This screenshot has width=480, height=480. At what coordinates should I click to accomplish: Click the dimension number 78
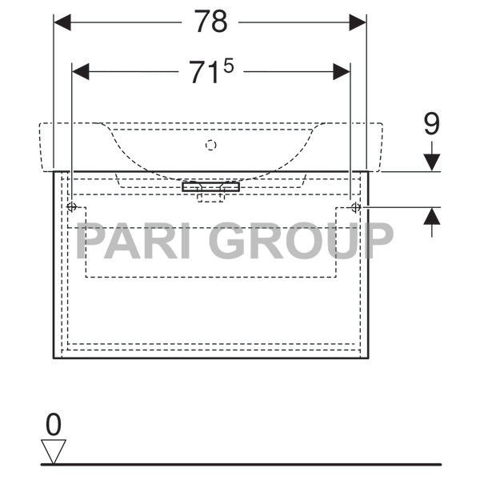coord(210,22)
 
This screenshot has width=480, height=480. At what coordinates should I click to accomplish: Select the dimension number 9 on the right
coord(431,124)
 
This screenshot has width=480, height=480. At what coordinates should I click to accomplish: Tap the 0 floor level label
coord(54,425)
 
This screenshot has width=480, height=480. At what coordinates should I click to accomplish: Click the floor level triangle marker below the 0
coord(54,450)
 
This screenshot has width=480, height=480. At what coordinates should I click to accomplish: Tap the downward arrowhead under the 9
coord(432,162)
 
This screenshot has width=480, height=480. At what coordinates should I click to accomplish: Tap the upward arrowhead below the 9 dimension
coord(432,216)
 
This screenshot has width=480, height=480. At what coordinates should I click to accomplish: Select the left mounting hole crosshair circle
coord(72,207)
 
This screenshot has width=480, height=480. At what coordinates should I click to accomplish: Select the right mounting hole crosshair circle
coord(356,207)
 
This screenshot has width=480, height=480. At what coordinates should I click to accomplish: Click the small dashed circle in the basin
coord(211,145)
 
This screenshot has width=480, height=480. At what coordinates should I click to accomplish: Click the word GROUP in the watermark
coord(304,240)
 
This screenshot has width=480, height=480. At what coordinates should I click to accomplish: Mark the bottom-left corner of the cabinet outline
coord(54,358)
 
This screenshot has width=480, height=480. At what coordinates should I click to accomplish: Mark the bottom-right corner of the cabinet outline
coord(368,358)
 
